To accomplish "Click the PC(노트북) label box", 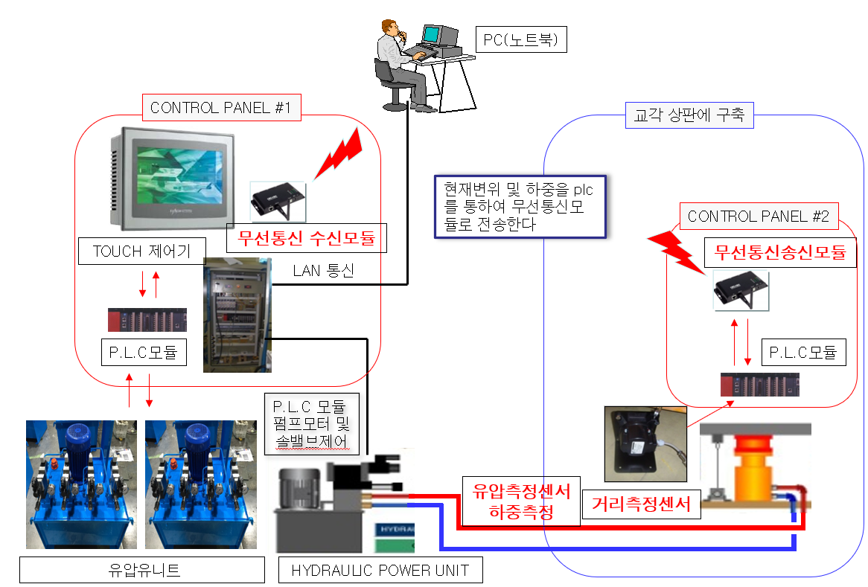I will [521, 40].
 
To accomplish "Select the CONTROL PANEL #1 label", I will [220, 108].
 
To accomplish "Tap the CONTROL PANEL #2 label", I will [759, 216].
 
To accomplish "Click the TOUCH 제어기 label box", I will [141, 251].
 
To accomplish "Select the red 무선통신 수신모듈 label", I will [305, 239].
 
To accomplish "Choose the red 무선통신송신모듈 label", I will [779, 252].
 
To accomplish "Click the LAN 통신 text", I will [323, 271].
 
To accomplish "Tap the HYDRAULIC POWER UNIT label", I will [380, 571].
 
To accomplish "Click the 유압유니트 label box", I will [141, 571].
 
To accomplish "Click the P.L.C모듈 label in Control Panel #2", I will [803, 352].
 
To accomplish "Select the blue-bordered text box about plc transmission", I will [519, 206].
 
